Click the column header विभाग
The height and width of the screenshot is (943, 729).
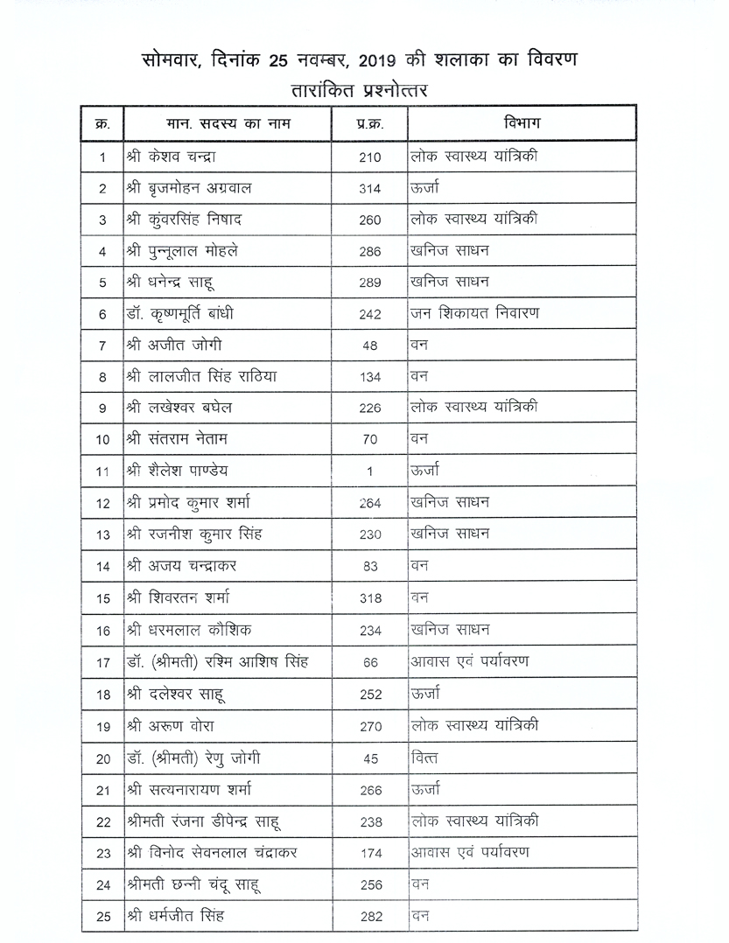tap(522, 123)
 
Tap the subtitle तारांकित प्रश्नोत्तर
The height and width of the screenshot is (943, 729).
tap(364, 89)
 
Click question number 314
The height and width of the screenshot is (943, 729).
tap(370, 189)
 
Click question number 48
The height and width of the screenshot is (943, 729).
tap(369, 346)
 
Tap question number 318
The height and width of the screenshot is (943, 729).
tap(370, 598)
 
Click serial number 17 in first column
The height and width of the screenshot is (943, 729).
tap(102, 663)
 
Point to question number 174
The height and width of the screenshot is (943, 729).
tap(370, 854)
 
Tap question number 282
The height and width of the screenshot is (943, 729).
tap(370, 917)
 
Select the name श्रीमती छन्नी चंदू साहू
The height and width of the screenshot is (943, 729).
tap(193, 884)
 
